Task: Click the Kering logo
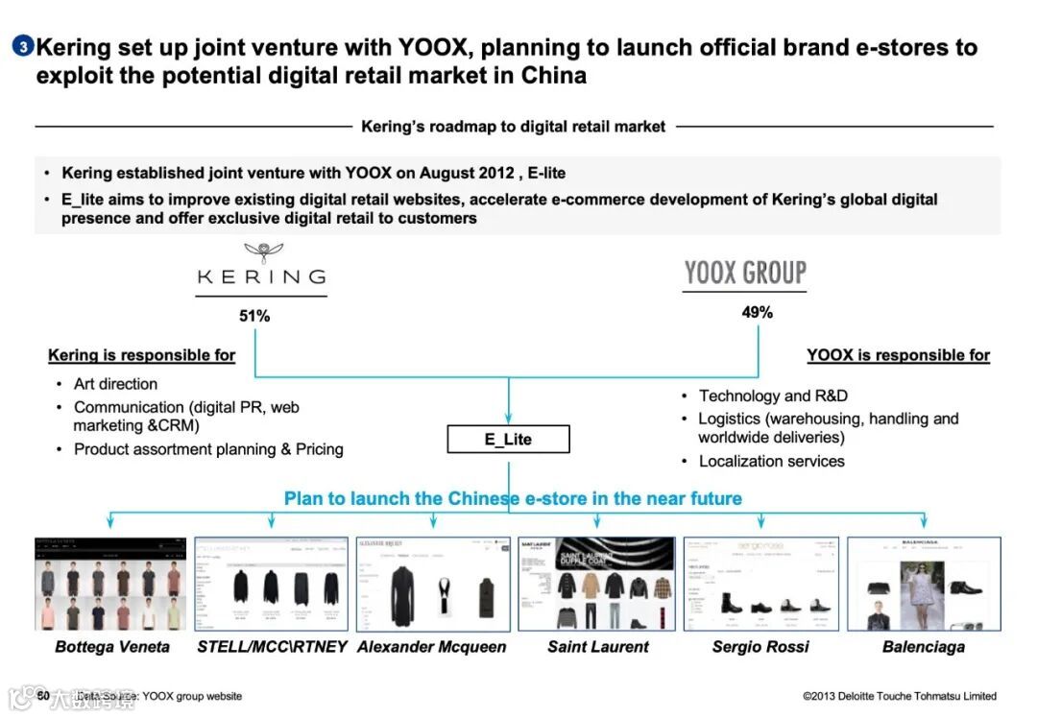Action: [261, 268]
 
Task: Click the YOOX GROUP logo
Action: [745, 273]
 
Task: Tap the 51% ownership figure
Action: [254, 316]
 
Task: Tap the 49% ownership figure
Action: [757, 312]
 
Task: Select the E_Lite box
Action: [508, 440]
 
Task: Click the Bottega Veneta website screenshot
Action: [110, 584]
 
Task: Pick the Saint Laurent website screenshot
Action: [596, 584]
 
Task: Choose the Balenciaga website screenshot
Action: [924, 584]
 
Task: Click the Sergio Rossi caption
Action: [760, 647]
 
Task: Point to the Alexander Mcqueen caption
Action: [431, 647]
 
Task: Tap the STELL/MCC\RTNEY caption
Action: [272, 647]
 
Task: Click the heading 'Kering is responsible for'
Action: [141, 355]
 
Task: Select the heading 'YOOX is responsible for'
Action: [898, 355]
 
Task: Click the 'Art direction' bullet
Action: [115, 384]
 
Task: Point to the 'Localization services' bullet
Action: [771, 462]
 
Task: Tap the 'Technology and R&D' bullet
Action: [773, 395]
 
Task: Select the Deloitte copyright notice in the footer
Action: [900, 696]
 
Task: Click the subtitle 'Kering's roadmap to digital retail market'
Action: [513, 127]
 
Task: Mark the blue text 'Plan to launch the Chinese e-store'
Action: [513, 499]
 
